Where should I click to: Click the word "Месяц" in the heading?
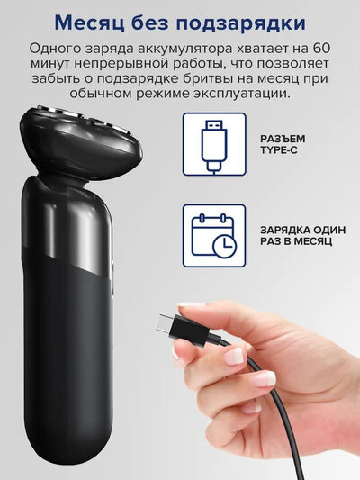click(x=90, y=23)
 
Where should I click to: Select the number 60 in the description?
click(x=322, y=49)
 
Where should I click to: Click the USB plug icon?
click(x=214, y=144)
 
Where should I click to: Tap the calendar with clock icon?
click(x=214, y=236)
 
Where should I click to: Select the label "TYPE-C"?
click(x=279, y=150)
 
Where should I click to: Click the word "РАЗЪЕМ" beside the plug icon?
click(x=283, y=139)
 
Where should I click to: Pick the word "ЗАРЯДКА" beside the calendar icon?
click(x=283, y=230)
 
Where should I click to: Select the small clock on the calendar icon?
click(x=226, y=246)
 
